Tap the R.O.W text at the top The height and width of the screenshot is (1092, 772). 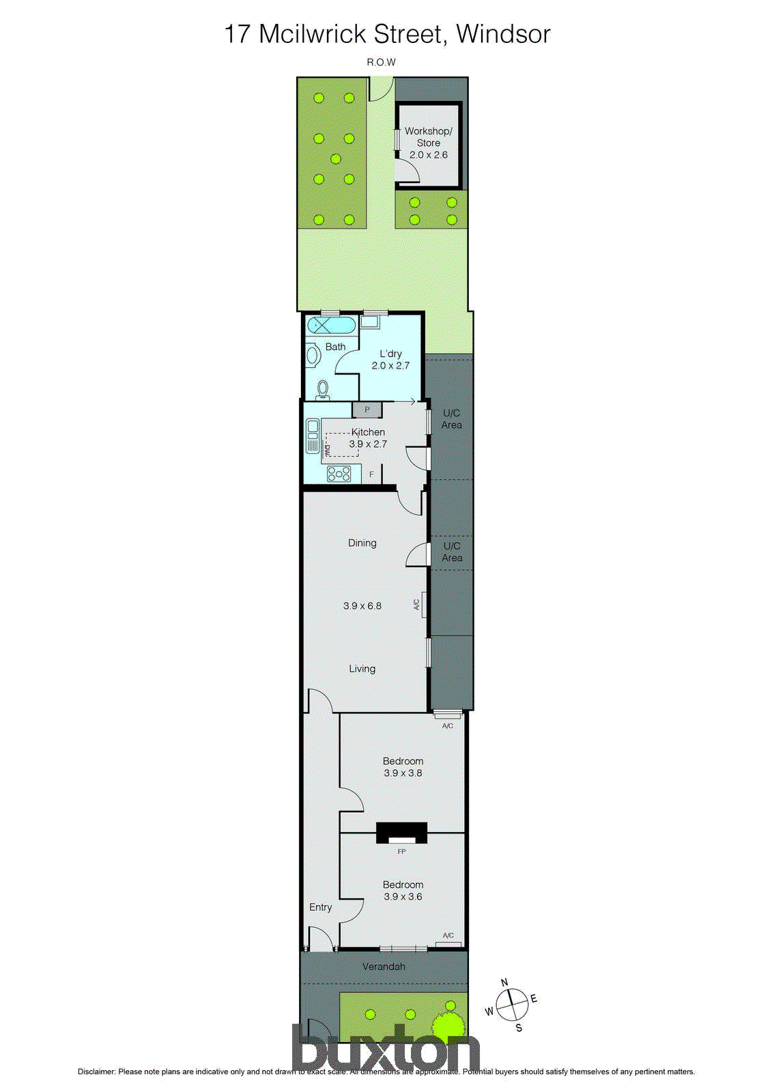(381, 62)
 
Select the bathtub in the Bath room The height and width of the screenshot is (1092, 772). (331, 325)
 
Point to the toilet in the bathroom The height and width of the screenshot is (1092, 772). (323, 389)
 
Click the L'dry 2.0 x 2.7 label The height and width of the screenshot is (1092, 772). (390, 360)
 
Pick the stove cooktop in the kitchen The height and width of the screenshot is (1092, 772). (339, 473)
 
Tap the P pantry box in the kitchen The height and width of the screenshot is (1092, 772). (367, 410)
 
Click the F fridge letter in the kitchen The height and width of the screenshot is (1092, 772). (372, 474)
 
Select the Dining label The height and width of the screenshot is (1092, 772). (362, 543)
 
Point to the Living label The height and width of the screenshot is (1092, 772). (362, 669)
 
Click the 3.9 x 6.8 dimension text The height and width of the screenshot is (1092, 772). (362, 605)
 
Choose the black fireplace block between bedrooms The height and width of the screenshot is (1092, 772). (401, 833)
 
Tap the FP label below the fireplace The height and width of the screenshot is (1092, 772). (401, 852)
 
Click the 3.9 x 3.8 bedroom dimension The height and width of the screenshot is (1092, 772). (403, 773)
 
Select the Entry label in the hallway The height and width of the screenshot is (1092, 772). (320, 907)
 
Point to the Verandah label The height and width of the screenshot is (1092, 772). (384, 966)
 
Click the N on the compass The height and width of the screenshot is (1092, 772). (504, 983)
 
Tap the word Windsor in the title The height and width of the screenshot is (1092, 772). (503, 33)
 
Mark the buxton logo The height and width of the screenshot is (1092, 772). (386, 1048)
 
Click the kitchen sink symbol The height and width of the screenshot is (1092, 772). (313, 436)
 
